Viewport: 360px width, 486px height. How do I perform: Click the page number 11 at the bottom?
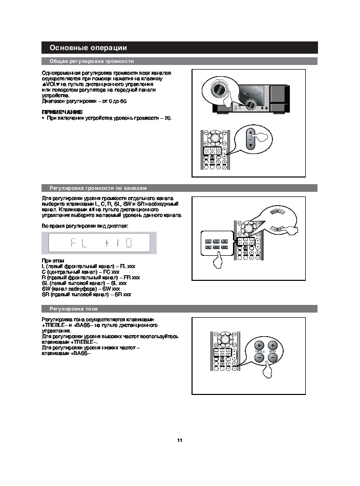pos(180,440)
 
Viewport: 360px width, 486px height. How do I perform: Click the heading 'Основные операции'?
pos(88,48)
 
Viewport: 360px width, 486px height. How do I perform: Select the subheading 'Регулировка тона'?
pos(74,308)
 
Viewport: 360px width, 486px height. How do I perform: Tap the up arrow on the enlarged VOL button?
pos(250,132)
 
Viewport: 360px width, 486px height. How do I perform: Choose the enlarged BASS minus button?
pos(273,358)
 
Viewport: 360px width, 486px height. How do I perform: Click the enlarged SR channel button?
pos(225,248)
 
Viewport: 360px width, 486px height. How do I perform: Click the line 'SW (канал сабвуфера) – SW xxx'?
pos(84,289)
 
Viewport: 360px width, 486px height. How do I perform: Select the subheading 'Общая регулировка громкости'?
pos(91,61)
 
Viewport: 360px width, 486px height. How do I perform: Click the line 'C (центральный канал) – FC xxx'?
pos(80,272)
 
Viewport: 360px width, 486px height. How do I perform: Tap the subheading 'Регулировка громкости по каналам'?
pos(97,188)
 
